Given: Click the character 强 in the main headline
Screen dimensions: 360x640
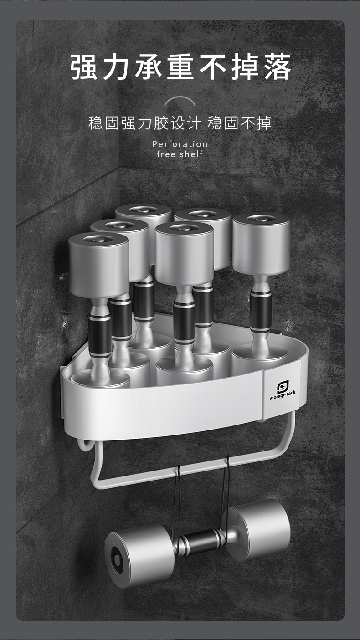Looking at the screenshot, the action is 84,67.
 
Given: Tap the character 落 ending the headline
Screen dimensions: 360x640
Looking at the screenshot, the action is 277,67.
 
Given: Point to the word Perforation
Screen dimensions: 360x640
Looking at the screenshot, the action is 180,144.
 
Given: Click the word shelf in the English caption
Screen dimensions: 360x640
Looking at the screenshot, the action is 191,154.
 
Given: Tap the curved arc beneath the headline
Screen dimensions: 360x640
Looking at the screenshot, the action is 180,100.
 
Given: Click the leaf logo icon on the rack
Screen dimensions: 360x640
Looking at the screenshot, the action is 283,387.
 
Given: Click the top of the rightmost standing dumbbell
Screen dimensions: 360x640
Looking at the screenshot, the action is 262,219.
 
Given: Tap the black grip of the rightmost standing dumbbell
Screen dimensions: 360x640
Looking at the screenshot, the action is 260,311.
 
